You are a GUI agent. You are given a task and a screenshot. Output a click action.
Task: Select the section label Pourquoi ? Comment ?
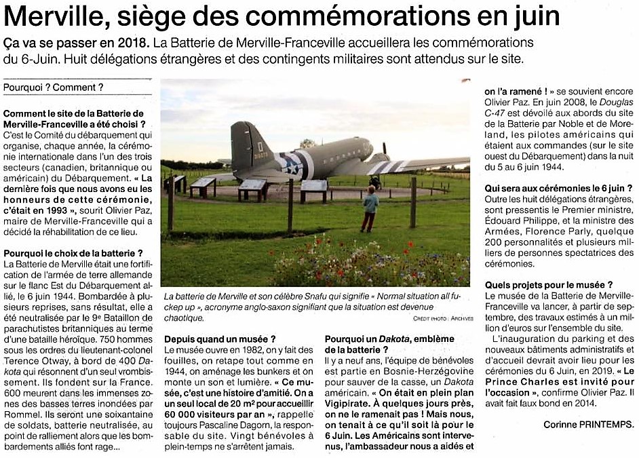[54, 88]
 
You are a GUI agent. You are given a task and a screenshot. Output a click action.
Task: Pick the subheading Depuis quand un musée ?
[220, 339]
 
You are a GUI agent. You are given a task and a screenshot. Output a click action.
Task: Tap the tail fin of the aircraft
[243, 145]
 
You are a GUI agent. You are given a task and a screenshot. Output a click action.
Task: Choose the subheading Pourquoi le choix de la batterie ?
[73, 252]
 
